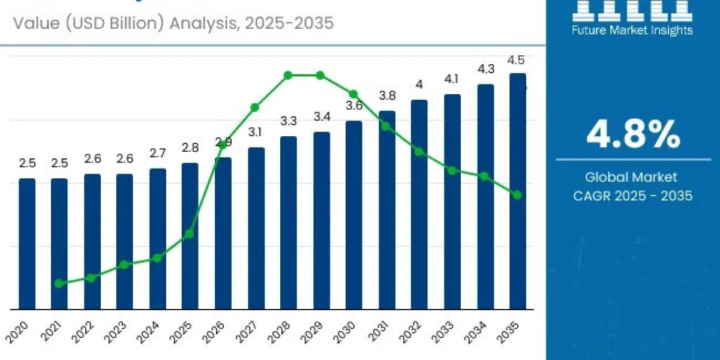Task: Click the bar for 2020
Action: pos(27,244)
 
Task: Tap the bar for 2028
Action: pos(289,223)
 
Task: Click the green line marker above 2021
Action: pos(59,283)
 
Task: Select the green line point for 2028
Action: pos(288,75)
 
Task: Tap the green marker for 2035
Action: pos(517,194)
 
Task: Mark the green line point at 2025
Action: pos(189,233)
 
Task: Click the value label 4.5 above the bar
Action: pos(516,60)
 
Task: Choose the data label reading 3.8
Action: pos(387,95)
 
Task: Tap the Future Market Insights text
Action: pos(633,30)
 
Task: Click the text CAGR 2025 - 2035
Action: pos(632,196)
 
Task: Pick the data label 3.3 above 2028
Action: pos(289,121)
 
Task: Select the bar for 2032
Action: pos(419,204)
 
